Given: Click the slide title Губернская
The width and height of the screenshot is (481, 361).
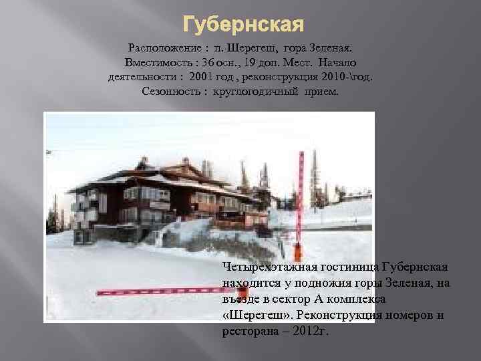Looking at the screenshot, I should tap(243, 26).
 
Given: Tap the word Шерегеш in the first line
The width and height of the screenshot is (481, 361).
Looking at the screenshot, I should tap(253, 49).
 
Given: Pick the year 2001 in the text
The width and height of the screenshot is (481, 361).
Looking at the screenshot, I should tap(203, 78).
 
